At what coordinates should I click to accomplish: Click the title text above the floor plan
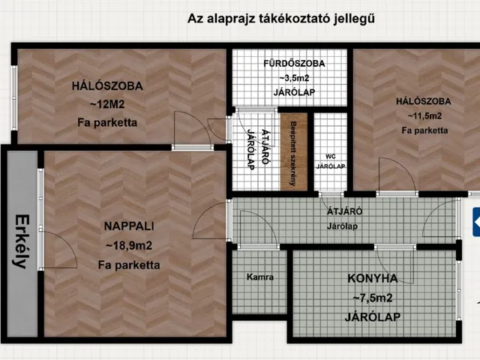(281, 19)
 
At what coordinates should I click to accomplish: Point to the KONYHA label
(372, 279)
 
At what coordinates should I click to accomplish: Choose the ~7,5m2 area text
(372, 298)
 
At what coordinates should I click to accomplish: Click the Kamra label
(259, 277)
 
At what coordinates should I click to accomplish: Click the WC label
(330, 156)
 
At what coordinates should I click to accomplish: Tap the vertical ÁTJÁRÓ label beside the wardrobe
(248, 149)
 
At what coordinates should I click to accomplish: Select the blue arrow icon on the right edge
(475, 219)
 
